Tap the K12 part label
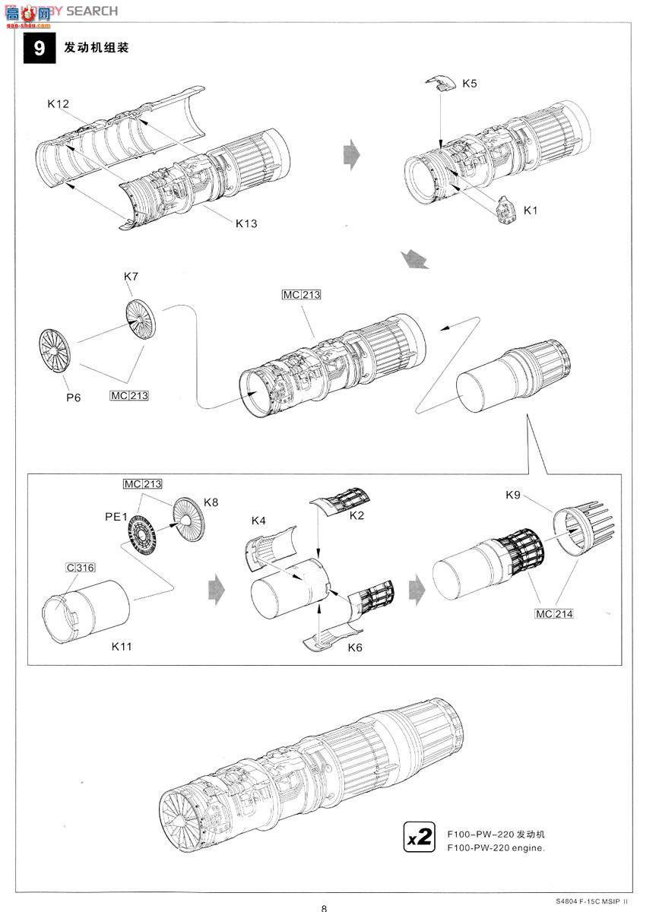59,103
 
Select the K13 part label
246,223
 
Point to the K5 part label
469,84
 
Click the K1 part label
530,210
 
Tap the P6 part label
72,397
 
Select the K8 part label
211,502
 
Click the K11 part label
122,647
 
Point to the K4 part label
258,521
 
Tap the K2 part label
357,515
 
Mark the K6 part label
355,648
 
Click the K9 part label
513,495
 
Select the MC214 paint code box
553,613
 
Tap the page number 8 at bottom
325,907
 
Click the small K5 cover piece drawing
439,83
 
